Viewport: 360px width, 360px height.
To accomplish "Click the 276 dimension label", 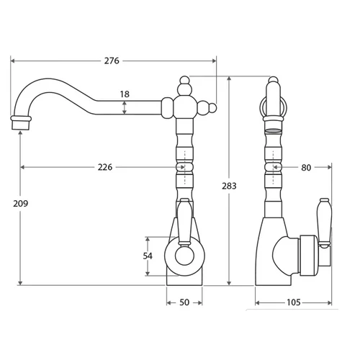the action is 112,61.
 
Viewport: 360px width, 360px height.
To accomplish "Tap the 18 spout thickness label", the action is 125,94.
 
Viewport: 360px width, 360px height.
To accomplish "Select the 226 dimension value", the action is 105,167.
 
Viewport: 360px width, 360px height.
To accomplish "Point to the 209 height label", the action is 21,204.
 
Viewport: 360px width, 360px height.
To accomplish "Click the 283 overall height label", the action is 229,186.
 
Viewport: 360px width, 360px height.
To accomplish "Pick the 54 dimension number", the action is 148,256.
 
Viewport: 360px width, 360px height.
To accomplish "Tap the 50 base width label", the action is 184,302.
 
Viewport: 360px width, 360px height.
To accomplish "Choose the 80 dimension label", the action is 306,168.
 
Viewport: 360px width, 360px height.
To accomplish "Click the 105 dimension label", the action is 294,302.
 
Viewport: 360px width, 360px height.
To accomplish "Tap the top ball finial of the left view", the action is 184,80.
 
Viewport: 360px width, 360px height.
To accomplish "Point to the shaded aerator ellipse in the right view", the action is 273,131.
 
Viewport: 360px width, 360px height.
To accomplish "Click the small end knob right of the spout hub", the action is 212,108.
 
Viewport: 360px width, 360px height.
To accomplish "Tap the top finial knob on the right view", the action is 273,79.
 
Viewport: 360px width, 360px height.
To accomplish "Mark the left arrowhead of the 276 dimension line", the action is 13,61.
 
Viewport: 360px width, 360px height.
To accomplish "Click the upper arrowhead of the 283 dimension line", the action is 230,78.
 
